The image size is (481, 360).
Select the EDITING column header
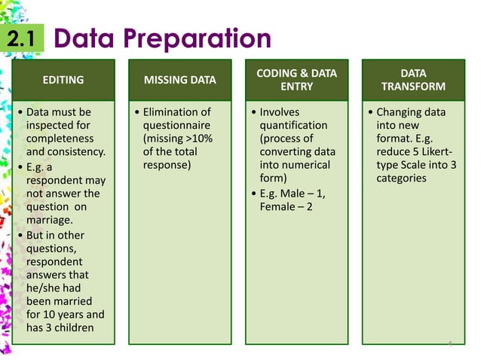[63, 79]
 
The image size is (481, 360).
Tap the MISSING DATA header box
[179, 79]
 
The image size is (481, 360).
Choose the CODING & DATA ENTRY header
[296, 79]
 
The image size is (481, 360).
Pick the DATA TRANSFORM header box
[412, 79]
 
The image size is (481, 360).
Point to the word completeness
[60, 139]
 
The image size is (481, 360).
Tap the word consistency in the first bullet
[77, 153]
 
